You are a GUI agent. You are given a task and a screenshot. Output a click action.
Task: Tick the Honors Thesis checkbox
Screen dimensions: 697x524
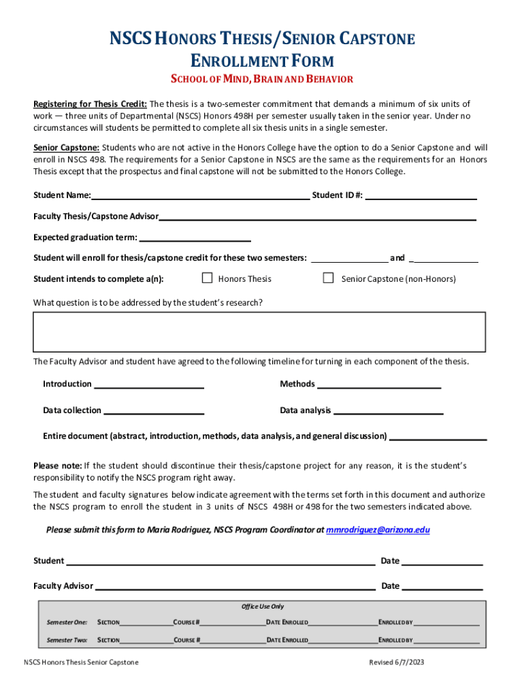208,278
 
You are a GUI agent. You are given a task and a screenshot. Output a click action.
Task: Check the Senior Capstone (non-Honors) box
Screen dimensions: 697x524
328,278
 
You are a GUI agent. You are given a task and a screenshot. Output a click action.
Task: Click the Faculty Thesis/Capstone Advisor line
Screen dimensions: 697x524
317,218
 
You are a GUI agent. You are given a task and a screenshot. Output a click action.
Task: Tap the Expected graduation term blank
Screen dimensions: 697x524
195,239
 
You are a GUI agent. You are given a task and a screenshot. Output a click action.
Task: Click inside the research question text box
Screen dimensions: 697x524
259,331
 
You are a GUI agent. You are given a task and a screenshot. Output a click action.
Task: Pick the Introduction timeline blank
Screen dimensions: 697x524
149,385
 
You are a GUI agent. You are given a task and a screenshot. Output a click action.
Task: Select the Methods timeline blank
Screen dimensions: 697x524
379,385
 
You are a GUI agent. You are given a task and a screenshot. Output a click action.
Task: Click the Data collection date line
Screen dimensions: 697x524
154,412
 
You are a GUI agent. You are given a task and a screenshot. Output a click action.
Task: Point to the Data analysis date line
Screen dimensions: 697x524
389,412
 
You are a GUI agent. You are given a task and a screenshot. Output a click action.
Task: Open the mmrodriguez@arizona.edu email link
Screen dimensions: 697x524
378,530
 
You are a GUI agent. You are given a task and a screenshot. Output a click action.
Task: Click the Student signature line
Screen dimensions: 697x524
220,562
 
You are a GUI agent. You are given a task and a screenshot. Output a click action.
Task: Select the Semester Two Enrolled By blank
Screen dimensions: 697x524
446,641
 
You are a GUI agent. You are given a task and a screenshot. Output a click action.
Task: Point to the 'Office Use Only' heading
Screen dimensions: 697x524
263,606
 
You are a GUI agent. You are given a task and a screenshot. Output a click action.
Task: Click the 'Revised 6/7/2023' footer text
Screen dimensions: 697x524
397,662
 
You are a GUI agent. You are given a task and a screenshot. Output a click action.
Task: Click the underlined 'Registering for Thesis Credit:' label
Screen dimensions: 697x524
90,104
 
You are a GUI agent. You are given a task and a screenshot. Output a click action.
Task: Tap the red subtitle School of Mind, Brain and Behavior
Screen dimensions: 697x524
262,79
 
